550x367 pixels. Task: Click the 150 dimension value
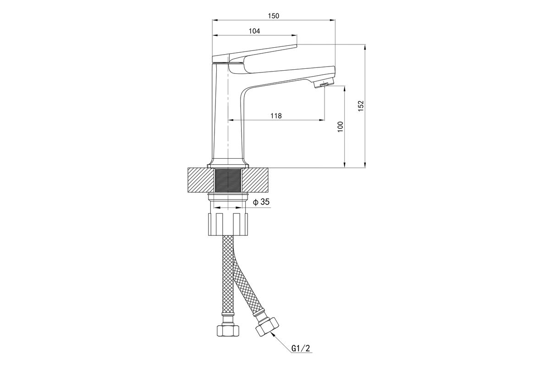[274, 16]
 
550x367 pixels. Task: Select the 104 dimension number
[254, 31]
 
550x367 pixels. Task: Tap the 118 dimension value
[275, 116]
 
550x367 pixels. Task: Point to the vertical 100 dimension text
[340, 127]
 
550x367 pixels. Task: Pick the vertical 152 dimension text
[361, 106]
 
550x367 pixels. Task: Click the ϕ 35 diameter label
[261, 202]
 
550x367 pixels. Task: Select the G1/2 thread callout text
[301, 349]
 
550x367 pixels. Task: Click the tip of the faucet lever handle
[295, 45]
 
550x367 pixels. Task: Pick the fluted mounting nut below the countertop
[228, 223]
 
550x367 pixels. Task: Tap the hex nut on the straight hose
[228, 331]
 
